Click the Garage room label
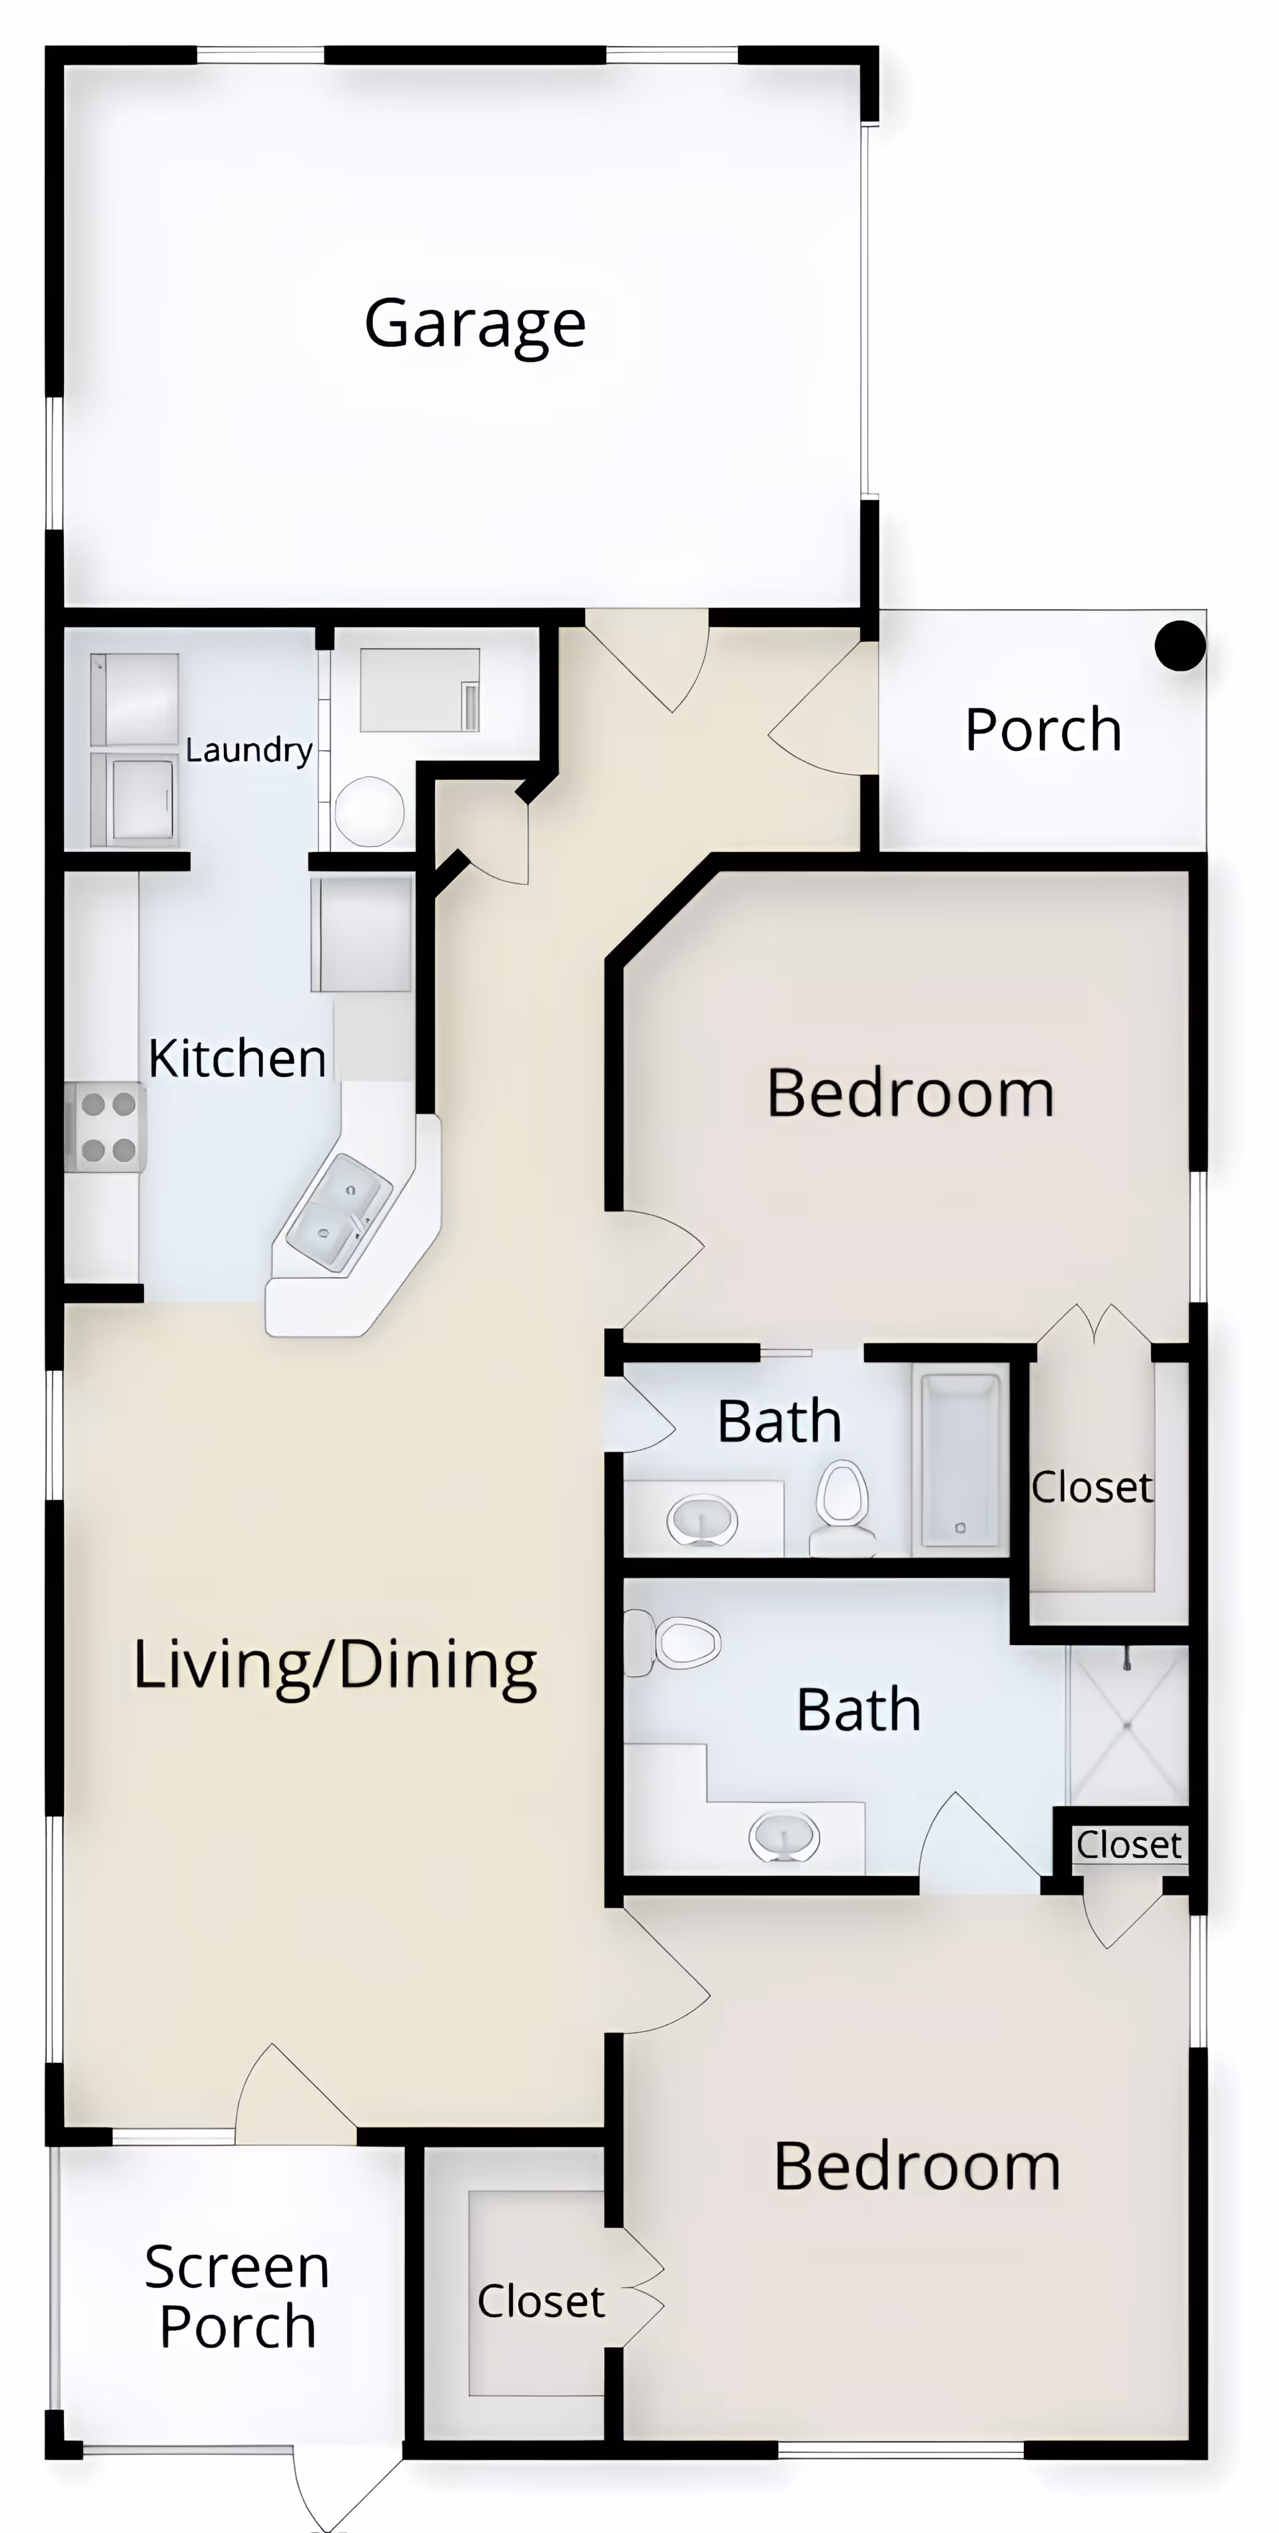point(475,324)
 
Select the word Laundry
point(248,750)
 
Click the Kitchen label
point(237,1059)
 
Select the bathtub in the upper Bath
point(959,1460)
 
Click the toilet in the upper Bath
point(843,1504)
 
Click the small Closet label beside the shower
point(1128,1845)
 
